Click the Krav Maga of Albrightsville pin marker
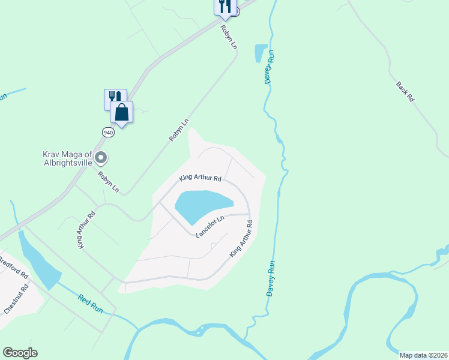pyautogui.click(x=101, y=158)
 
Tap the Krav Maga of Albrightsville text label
pyautogui.click(x=67, y=158)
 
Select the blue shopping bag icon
pyautogui.click(x=121, y=112)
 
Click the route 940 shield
pyautogui.click(x=108, y=133)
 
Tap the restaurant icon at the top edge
pyautogui.click(x=223, y=6)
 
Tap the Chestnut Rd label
pyautogui.click(x=17, y=299)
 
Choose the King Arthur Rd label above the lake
pyautogui.click(x=200, y=179)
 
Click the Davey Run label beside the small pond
pyautogui.click(x=270, y=67)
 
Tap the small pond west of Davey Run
pyautogui.click(x=261, y=53)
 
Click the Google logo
pyautogui.click(x=20, y=353)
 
